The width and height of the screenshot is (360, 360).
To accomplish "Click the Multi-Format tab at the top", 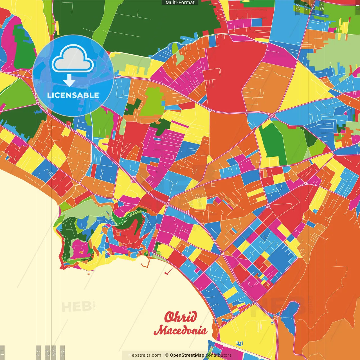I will coord(180,3).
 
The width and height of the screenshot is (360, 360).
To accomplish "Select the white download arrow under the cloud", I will coord(69,81).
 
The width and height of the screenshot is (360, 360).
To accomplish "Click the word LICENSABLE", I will coord(73,95).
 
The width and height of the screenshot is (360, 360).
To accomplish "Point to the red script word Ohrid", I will coord(181,317).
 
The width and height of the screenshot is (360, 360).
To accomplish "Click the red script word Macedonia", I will coord(181,330).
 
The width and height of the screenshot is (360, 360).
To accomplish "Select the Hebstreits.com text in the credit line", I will coord(145,355).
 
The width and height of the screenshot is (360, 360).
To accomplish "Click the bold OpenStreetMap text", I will coord(187,355).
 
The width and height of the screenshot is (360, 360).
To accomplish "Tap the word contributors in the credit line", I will coord(219,355).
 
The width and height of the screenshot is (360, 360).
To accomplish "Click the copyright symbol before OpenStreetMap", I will coord(167,355).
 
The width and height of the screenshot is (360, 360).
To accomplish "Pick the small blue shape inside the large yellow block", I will coord(239,343).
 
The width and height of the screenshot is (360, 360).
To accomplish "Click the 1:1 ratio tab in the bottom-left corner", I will coord(2,352).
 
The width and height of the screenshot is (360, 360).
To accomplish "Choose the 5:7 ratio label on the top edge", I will coord(306,7).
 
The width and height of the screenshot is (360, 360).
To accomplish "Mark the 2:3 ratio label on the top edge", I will coord(297,7).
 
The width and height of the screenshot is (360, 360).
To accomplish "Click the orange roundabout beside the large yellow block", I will coord(275,318).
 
